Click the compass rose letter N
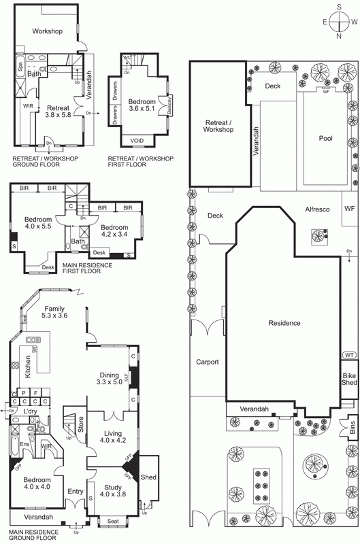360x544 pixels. [338, 37]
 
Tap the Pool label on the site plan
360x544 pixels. [326, 138]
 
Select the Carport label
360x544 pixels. [207, 362]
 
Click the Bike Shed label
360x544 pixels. [349, 379]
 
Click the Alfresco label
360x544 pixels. [316, 210]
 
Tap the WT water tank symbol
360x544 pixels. [349, 355]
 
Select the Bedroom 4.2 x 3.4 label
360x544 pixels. [114, 231]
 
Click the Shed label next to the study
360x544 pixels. [148, 478]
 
